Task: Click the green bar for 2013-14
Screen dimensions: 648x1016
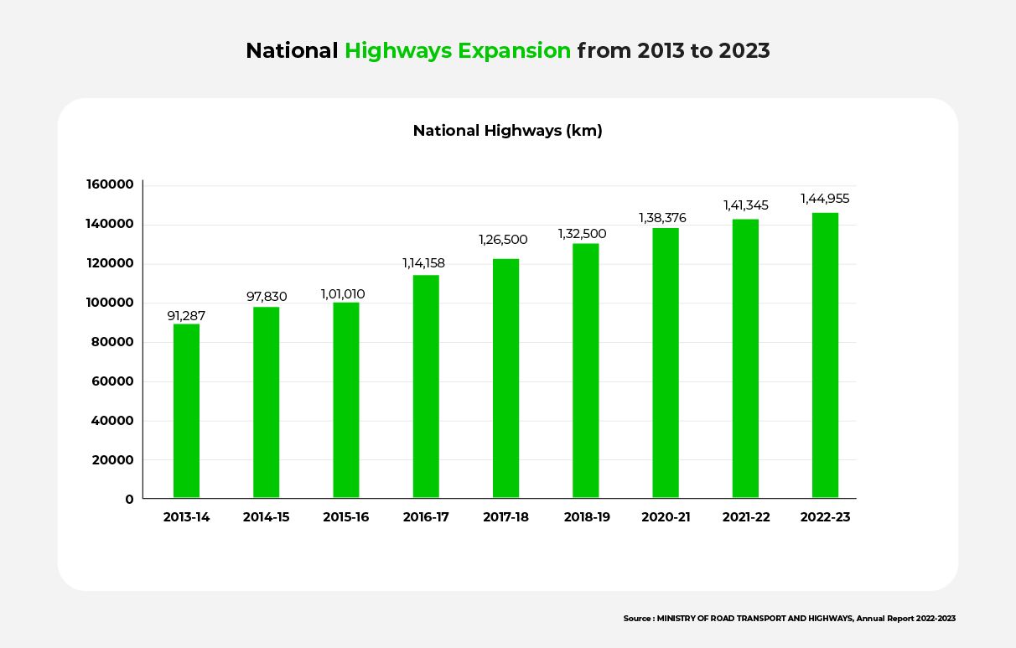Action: pos(186,411)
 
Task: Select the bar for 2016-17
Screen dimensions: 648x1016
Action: pos(426,386)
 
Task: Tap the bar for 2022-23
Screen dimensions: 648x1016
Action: pos(825,355)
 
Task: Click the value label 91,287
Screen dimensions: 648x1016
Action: pos(186,316)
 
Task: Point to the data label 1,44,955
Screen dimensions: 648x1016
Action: pos(826,199)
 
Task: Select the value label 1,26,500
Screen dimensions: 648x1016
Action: pos(503,240)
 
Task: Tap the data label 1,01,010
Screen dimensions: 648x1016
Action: pos(343,294)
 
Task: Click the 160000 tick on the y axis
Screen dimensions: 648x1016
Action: pos(110,185)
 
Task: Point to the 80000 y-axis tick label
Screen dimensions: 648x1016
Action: pos(113,342)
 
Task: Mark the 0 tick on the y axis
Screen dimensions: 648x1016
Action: pos(129,500)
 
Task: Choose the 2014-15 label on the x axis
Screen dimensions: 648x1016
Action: pos(267,517)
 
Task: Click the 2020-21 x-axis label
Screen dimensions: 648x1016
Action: pos(666,517)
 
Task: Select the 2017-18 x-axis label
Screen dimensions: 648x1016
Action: pos(505,517)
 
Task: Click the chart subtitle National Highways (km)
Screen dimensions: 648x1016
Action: pos(507,131)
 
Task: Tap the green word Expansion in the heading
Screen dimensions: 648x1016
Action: pos(515,51)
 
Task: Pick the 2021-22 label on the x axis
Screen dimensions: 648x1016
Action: pos(746,517)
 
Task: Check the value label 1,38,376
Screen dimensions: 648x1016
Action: pos(662,218)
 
